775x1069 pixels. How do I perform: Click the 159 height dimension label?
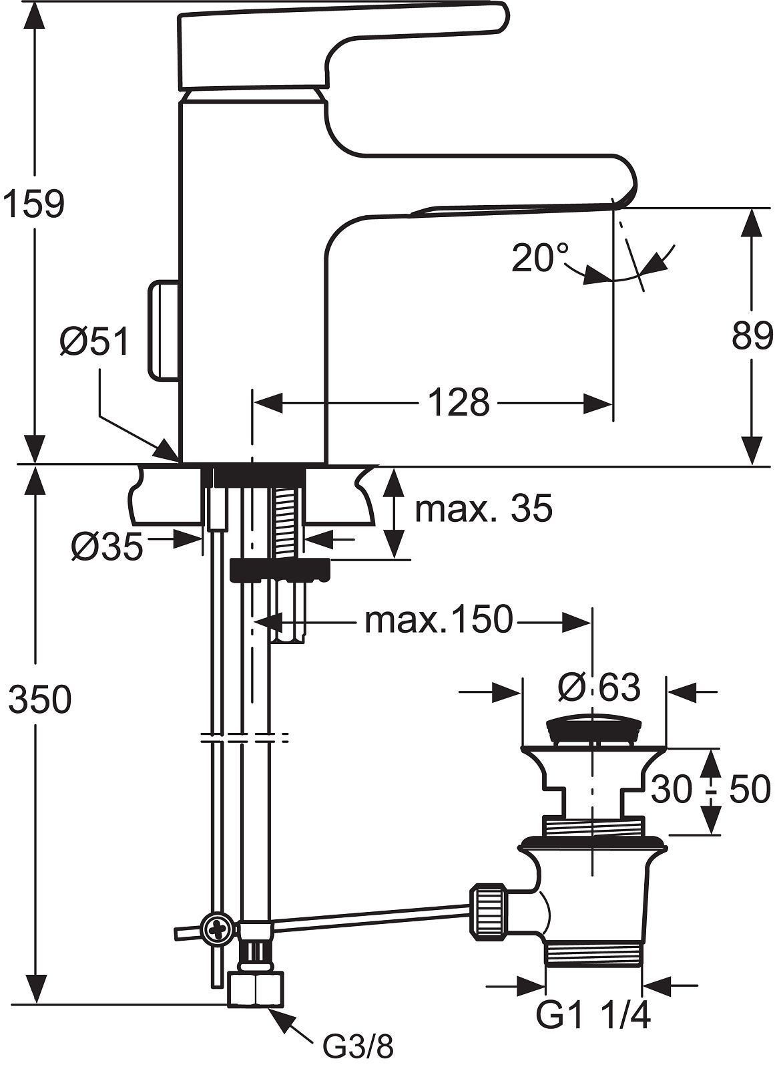coord(33,204)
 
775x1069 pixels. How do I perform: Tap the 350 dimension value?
coord(40,700)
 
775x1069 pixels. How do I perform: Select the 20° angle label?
coord(541,258)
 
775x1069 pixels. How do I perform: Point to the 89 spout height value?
coord(752,336)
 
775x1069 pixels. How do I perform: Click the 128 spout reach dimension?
coord(459,402)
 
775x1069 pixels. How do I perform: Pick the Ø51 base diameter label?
coord(95,342)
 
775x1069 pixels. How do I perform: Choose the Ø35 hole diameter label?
coord(107,547)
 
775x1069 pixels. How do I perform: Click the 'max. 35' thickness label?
coord(483,508)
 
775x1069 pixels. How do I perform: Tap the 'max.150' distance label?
coord(439,620)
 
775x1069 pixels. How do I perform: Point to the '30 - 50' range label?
coord(710,789)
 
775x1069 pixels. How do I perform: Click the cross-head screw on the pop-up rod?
coord(218,929)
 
